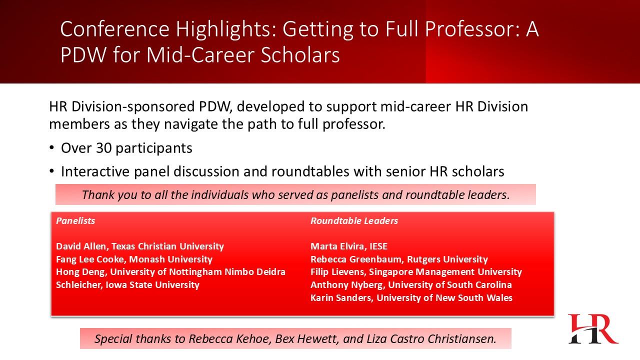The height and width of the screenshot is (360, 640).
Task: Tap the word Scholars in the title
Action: click(300, 54)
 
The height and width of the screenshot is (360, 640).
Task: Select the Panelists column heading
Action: click(75, 220)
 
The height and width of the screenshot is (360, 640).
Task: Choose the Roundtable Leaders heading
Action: click(354, 220)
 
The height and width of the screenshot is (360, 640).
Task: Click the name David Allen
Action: click(81, 246)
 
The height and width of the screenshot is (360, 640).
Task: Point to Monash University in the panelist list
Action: click(170, 259)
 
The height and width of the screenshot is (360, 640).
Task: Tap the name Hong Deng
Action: click(80, 271)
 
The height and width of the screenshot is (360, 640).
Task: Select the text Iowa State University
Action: click(152, 285)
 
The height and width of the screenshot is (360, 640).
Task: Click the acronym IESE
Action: click(378, 246)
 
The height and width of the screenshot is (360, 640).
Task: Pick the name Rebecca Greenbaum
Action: click(357, 259)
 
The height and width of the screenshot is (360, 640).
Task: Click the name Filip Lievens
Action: click(338, 271)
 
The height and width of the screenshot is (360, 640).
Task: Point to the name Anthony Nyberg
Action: click(347, 285)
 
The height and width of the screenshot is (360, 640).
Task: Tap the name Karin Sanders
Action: click(341, 297)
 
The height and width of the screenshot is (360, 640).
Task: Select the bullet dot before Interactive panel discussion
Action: click(51, 171)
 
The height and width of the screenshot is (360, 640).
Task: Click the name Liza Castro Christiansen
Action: click(430, 339)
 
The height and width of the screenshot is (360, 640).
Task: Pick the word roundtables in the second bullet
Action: click(310, 171)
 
